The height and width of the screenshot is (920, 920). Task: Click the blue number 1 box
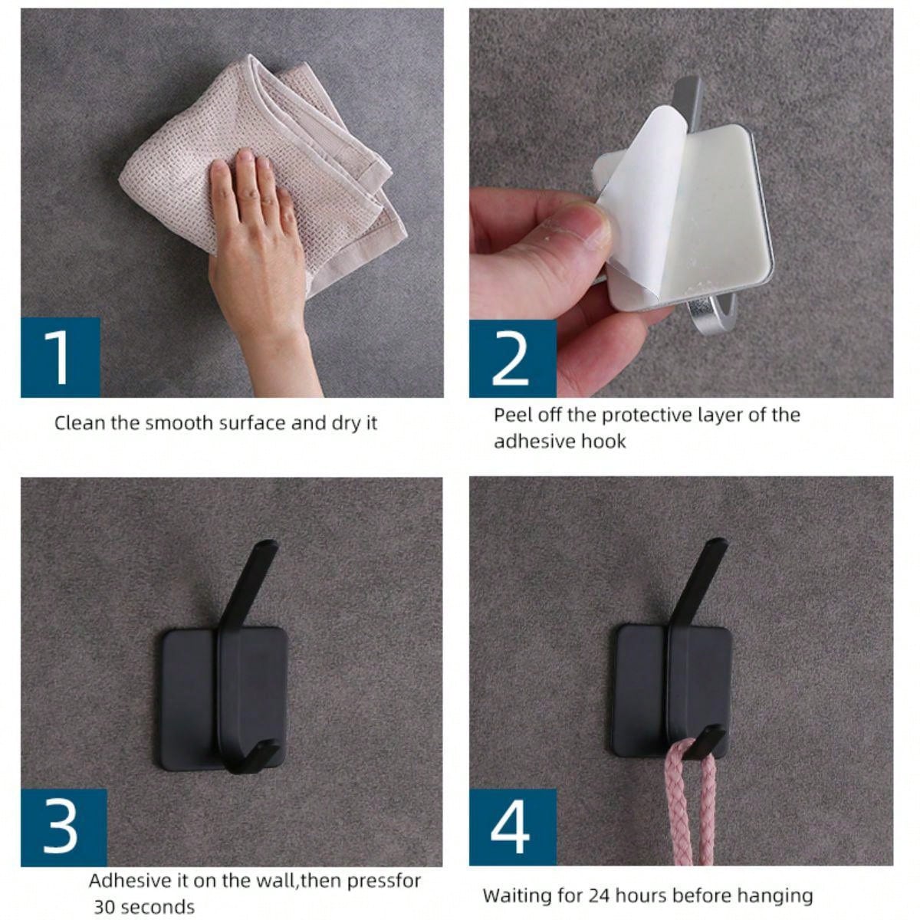coord(60,357)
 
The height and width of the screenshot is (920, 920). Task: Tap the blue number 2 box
coord(513,358)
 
